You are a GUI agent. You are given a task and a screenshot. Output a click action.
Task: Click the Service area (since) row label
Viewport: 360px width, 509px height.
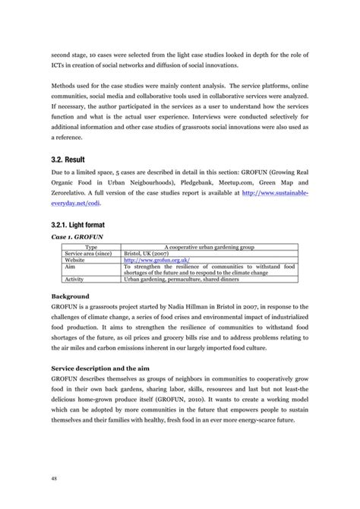pos(89,253)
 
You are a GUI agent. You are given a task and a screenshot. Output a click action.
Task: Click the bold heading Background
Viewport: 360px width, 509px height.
pos(71,296)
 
